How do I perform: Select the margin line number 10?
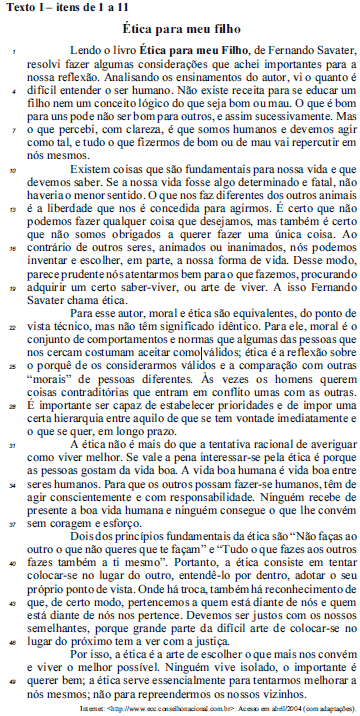[9, 169]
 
